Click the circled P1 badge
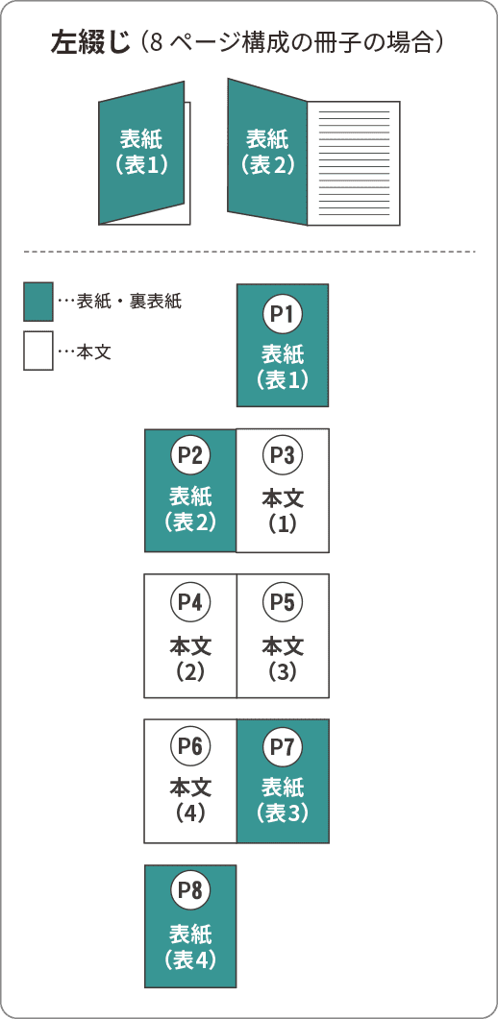coord(282,315)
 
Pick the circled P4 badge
coord(189,603)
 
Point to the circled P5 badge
coord(282,603)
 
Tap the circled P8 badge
coord(189,890)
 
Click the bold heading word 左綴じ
coord(90,42)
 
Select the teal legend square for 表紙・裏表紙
coord(38,302)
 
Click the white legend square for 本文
coord(38,351)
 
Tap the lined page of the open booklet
coord(354,163)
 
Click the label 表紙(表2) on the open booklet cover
coord(267,152)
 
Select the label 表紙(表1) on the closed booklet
coord(141,152)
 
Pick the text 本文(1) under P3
coord(282,512)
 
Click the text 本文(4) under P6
coord(190,801)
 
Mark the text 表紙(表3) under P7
coord(282,801)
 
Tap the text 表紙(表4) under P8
coord(189,946)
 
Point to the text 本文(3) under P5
coord(282,659)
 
